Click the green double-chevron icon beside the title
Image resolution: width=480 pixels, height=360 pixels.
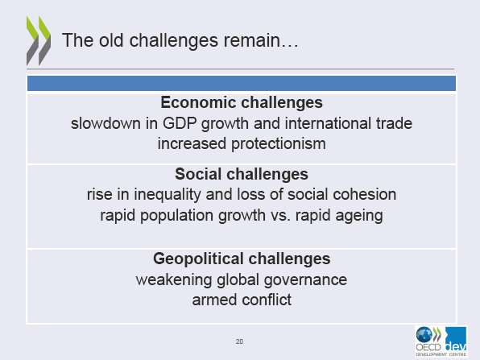(x=39, y=40)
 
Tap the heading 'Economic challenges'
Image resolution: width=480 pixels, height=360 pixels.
(x=242, y=102)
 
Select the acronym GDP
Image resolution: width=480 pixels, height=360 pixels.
(x=180, y=123)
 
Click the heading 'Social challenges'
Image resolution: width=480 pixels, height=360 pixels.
(x=242, y=174)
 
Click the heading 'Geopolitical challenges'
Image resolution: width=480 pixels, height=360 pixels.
(x=242, y=259)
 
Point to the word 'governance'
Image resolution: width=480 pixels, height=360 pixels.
(x=305, y=279)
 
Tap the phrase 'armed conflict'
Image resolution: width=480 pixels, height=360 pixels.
(x=242, y=300)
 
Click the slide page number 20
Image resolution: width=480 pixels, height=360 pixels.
(x=239, y=341)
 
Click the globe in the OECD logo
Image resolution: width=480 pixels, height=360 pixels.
(x=424, y=334)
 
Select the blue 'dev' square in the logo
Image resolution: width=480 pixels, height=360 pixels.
(x=456, y=338)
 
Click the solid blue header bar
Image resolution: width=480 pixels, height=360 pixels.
(x=242, y=83)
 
